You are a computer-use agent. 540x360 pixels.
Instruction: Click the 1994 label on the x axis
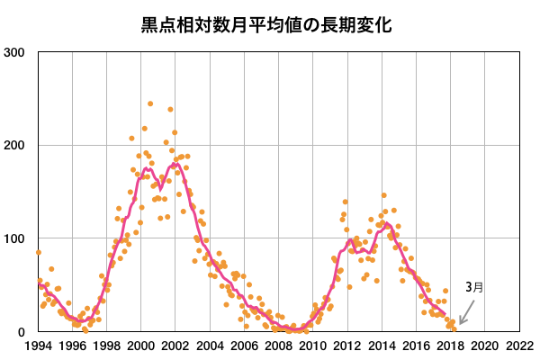pyautogui.click(x=38, y=346)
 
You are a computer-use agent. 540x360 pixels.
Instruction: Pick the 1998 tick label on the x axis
pyautogui.click(x=106, y=346)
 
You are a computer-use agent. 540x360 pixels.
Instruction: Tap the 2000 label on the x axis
pyautogui.click(x=140, y=346)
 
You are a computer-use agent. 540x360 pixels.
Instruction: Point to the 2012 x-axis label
pyautogui.click(x=346, y=346)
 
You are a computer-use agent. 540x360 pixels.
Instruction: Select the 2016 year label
pyautogui.click(x=415, y=346)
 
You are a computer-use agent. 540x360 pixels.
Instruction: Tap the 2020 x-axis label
pyautogui.click(x=483, y=346)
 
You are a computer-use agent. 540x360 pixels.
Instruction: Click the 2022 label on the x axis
pyautogui.click(x=517, y=346)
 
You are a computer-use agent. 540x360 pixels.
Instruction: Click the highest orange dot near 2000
pyautogui.click(x=150, y=103)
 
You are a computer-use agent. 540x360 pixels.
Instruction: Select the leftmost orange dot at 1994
pyautogui.click(x=38, y=252)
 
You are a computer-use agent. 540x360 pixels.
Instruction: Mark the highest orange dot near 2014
pyautogui.click(x=383, y=194)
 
